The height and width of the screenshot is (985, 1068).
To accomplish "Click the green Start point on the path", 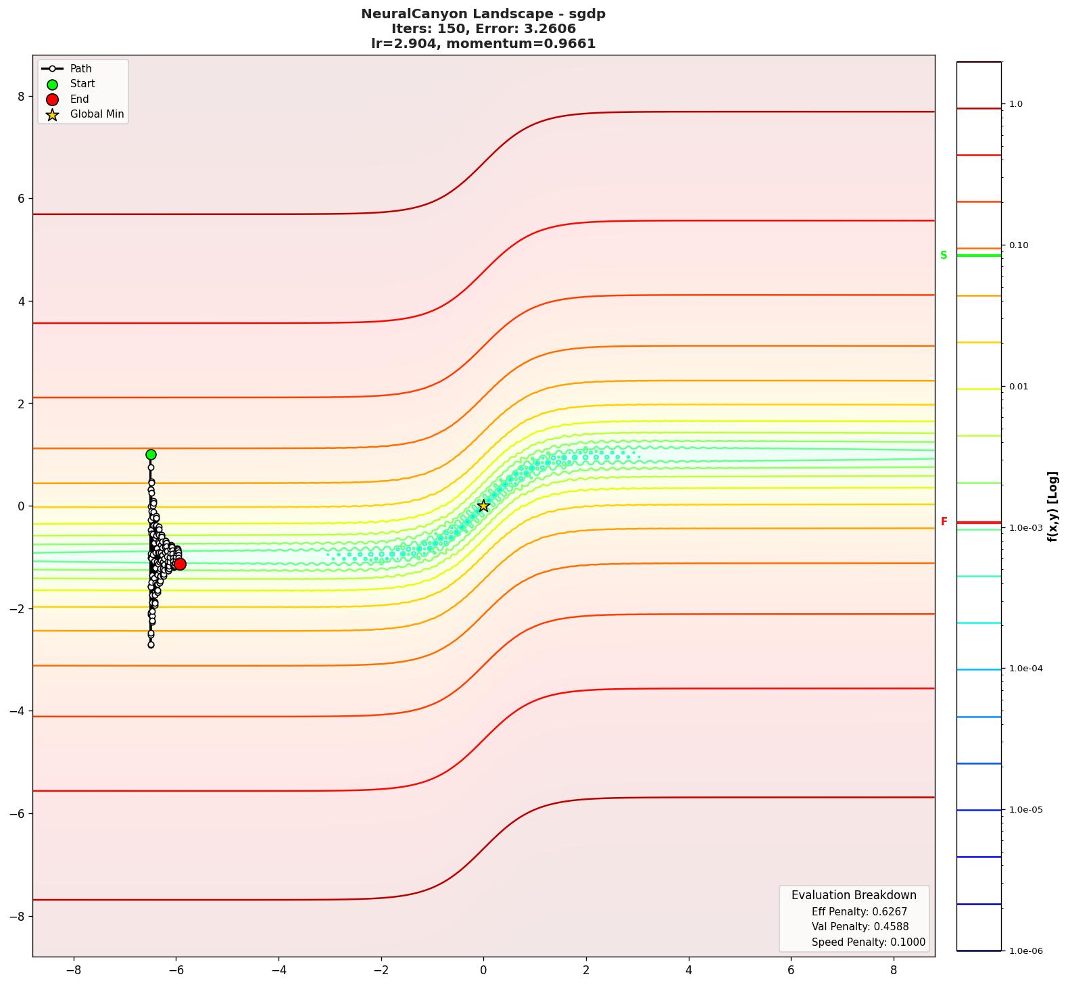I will coord(151,454).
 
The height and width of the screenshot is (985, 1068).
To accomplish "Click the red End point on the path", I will coord(180,564).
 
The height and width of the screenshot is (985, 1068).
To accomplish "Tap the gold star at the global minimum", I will coord(483,506).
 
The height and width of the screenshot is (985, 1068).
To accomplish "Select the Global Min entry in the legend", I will coord(97,114).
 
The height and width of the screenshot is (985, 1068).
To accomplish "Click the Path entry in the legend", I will coord(80,69).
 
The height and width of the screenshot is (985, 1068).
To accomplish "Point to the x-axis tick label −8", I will coord(73,970).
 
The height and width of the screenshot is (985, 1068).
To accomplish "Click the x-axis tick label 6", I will coord(791,970).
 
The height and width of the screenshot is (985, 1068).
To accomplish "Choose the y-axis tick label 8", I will coord(21,97).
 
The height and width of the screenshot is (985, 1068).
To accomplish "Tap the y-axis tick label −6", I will coord(18,813).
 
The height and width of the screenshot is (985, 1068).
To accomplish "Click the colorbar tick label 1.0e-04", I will coord(1025,669).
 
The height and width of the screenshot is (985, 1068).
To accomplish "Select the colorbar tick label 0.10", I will coord(1019,245).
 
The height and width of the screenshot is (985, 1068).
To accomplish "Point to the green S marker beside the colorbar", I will coord(944,256).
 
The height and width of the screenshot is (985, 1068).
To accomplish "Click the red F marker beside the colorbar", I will coord(944,522).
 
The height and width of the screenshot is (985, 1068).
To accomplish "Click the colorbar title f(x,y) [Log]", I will coord(1052,506).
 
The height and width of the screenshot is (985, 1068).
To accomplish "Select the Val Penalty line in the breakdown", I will coord(860,927).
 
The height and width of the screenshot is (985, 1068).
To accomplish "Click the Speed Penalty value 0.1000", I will coord(904,942).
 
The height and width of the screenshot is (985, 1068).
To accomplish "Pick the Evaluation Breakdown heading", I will coord(854,895).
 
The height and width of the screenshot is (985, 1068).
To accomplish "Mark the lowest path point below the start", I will coord(151,645).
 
